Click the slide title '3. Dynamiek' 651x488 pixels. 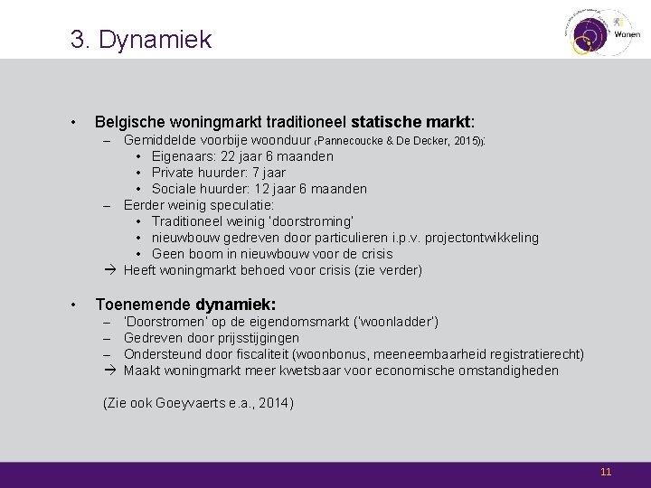(141, 40)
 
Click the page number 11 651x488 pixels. (606, 472)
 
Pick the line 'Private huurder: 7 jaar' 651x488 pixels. (218, 173)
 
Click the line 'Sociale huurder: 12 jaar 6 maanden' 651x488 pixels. (259, 189)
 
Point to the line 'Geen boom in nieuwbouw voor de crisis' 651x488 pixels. (271, 254)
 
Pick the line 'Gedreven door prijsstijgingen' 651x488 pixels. (212, 338)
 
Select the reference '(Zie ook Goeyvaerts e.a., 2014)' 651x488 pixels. (199, 403)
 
